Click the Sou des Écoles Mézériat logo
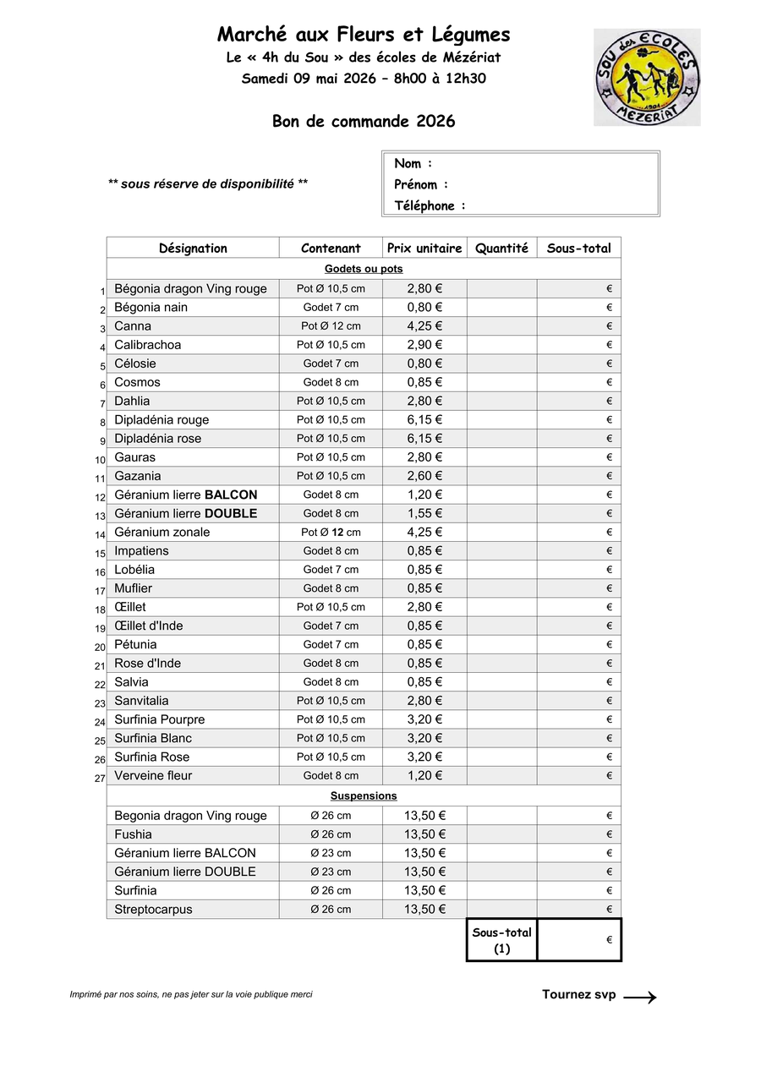click(x=647, y=77)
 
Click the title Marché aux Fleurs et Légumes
click(x=364, y=35)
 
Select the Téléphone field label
click(x=430, y=205)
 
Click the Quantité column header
click(x=501, y=248)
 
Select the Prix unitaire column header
click(x=424, y=248)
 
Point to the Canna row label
click(x=133, y=325)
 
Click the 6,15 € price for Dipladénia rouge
click(x=424, y=419)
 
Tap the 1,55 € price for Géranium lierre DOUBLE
click(x=424, y=513)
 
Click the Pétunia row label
click(x=135, y=644)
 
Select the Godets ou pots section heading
click(x=364, y=269)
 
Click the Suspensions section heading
click(x=364, y=795)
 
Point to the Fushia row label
click(x=134, y=834)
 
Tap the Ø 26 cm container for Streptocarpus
click(x=331, y=910)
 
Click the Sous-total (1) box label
click(x=502, y=940)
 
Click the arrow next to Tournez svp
click(x=640, y=998)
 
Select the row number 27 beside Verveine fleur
click(x=100, y=778)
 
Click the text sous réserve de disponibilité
click(x=208, y=183)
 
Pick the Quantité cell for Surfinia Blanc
click(x=501, y=738)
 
